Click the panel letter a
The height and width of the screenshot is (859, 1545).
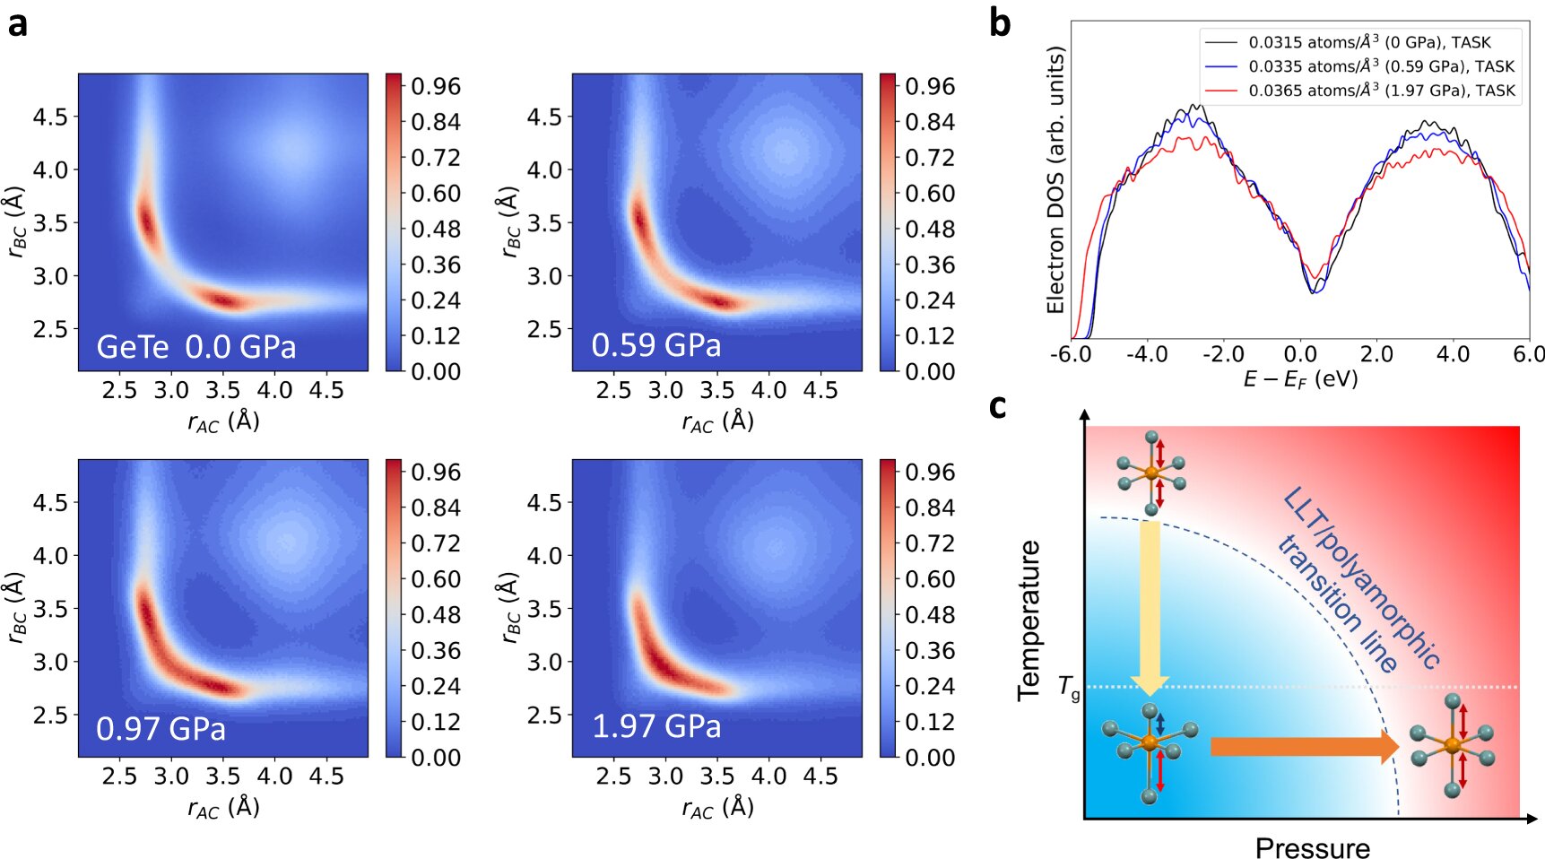tap(17, 24)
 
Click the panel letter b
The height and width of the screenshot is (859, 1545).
tap(1000, 22)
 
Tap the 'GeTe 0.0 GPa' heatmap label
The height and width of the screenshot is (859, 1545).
tap(195, 347)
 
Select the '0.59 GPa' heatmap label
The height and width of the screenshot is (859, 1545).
tap(655, 345)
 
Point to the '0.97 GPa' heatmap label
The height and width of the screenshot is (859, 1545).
tap(161, 728)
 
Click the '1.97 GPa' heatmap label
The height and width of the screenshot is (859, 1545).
tap(655, 725)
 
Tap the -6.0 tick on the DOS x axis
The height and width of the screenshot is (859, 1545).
tap(1071, 354)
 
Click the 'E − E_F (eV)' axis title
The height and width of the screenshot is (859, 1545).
tap(1299, 379)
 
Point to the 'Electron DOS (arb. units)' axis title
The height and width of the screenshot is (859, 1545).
tap(1055, 179)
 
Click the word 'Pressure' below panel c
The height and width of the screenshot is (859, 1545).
tap(1312, 847)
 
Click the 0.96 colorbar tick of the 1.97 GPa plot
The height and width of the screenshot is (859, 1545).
tap(929, 473)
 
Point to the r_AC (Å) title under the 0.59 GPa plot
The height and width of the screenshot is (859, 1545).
tap(717, 421)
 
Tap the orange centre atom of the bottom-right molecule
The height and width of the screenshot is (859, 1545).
tap(1453, 746)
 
